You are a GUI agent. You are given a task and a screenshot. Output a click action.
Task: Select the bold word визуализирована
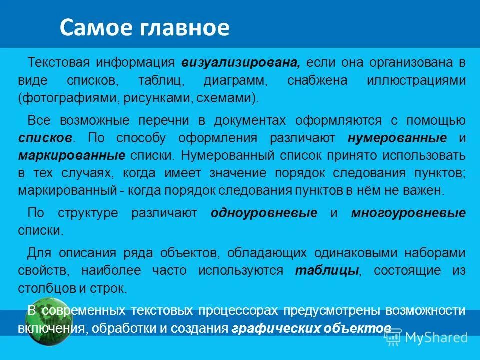coord(241,63)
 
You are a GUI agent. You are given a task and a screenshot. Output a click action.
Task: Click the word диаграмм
coord(231,80)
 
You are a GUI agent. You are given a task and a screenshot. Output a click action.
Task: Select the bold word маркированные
coord(72,155)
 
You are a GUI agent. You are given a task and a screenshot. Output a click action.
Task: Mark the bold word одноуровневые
coord(264,213)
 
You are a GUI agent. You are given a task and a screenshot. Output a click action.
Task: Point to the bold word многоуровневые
coord(408,213)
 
